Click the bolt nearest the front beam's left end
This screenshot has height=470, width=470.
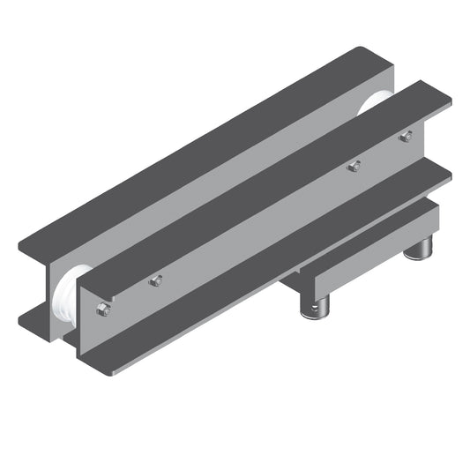click(103, 309)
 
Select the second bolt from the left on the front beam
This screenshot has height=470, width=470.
click(156, 280)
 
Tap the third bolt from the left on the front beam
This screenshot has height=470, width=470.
click(354, 165)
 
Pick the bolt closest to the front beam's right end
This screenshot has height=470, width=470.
click(406, 137)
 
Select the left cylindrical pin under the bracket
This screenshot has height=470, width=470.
click(316, 306)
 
